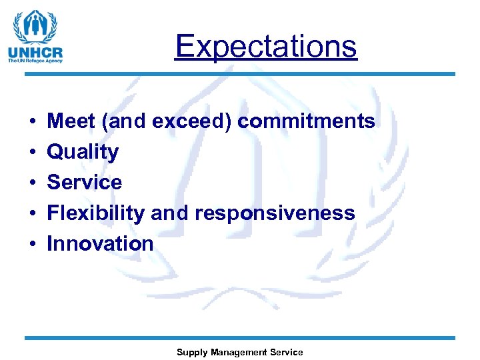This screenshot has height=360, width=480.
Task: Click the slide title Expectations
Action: [266, 46]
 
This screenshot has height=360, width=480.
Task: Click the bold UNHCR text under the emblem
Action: [35, 53]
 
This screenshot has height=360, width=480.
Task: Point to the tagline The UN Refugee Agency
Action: [35, 61]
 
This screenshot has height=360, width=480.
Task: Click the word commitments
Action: [306, 121]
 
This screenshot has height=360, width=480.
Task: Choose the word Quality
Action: [83, 152]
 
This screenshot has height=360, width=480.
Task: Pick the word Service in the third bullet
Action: [84, 182]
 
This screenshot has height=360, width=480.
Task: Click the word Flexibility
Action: [96, 213]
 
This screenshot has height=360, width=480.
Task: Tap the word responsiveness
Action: [275, 213]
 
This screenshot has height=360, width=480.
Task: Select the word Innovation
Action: [100, 243]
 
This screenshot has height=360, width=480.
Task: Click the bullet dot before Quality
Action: [32, 152]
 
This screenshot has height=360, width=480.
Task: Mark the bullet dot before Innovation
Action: [32, 244]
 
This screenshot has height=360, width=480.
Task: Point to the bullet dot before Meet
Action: [32, 121]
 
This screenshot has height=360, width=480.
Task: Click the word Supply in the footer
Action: [191, 353]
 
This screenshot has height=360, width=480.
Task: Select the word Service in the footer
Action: [287, 352]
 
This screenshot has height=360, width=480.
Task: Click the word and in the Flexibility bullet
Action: [170, 213]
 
